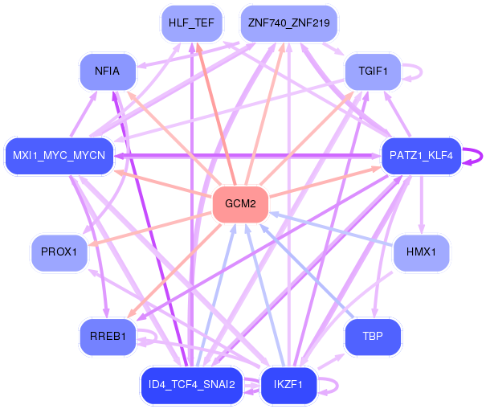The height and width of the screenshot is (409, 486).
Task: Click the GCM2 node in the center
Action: click(240, 204)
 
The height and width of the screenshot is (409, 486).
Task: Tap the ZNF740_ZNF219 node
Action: click(289, 23)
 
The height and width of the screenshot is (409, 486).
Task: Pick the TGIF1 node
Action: click(372, 72)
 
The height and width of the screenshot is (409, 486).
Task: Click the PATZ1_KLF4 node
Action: click(421, 154)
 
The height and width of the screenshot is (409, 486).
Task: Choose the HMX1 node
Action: click(420, 252)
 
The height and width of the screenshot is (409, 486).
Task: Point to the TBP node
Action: click(373, 337)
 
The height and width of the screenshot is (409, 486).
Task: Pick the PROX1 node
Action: click(59, 252)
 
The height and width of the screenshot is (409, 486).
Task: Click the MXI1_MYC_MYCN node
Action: click(59, 154)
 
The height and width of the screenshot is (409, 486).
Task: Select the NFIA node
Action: click(107, 72)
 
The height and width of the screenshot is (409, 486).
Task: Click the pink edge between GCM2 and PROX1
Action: click(153, 227)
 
